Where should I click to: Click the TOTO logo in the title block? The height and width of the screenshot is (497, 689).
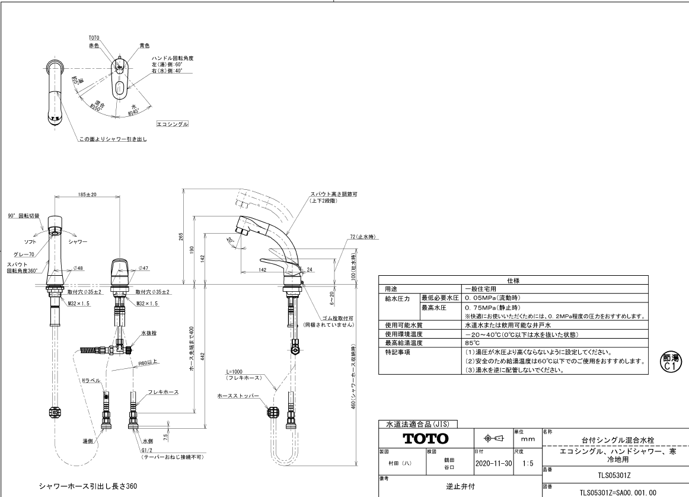point(425,439)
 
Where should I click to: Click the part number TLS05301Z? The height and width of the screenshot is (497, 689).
point(615,475)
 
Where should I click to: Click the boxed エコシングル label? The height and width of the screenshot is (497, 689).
point(172,124)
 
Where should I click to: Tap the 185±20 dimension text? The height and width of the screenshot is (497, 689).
point(87,194)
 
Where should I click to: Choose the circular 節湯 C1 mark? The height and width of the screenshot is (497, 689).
point(669,361)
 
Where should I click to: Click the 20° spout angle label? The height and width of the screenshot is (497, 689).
point(230,240)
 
